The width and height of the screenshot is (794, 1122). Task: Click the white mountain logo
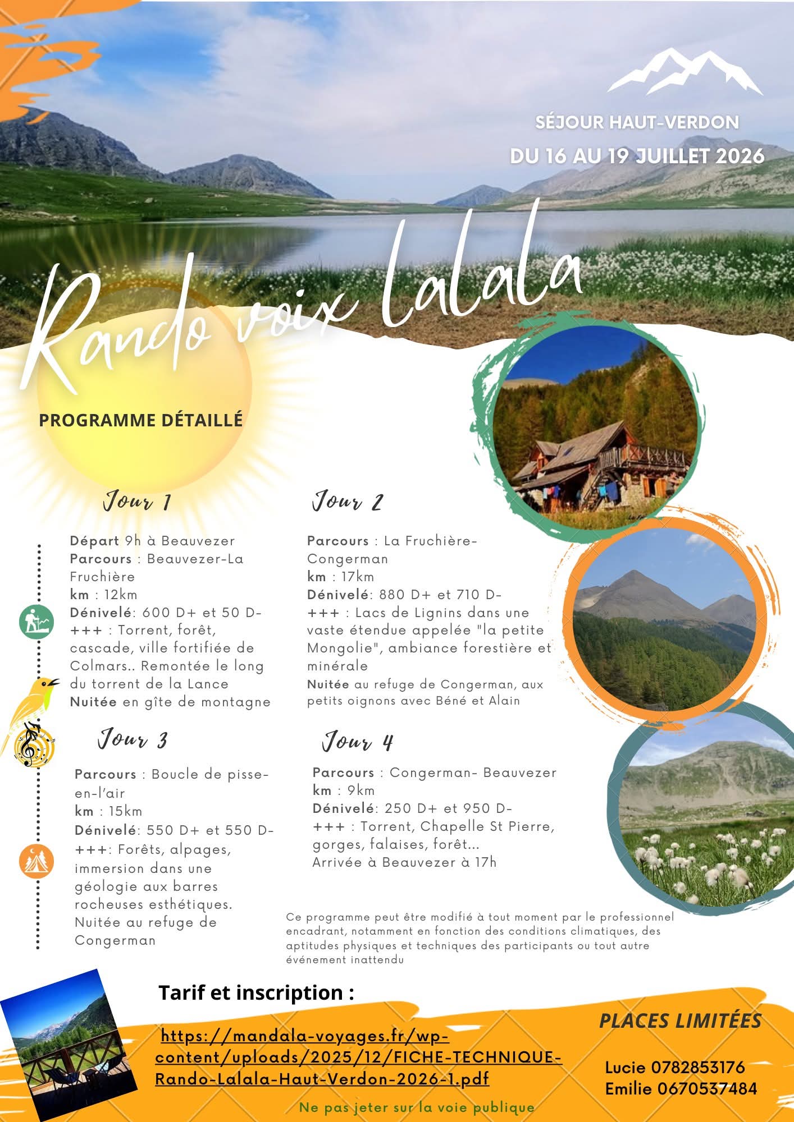point(685,72)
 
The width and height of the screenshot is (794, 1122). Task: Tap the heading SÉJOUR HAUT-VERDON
point(637,122)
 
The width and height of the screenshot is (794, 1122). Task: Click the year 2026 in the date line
point(740,156)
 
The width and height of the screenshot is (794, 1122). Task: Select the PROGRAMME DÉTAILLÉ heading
point(140,420)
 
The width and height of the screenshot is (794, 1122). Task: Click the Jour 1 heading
point(137,501)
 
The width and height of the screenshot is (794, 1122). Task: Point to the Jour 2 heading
point(348,501)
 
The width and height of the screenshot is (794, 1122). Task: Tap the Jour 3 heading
point(133,739)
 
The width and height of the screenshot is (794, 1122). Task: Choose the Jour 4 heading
point(357,742)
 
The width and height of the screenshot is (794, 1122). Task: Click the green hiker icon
point(37,622)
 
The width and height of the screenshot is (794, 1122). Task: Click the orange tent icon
point(37,861)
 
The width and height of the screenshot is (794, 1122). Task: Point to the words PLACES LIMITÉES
point(680,1021)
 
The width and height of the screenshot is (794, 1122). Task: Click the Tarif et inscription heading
point(256,992)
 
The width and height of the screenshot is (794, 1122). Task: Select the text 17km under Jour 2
point(357,577)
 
